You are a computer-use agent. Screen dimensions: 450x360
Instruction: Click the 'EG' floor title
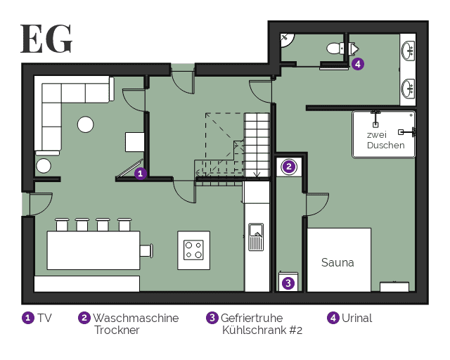[x=46, y=39]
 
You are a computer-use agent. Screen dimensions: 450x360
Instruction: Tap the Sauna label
[x=337, y=262]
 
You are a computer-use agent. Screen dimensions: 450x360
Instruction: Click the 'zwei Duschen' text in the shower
[x=385, y=140]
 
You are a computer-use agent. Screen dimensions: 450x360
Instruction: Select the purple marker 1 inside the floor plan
[x=141, y=174]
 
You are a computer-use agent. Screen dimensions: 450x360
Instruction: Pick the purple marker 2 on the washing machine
[x=289, y=167]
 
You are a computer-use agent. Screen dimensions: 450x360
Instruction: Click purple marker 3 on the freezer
[x=288, y=283]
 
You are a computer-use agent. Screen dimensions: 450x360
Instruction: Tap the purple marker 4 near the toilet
[x=358, y=64]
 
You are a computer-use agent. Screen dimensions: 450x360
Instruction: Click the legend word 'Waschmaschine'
[x=136, y=318]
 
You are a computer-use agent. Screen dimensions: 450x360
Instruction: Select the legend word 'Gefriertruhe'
[x=252, y=318]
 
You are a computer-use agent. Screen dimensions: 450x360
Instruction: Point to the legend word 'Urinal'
[x=356, y=318]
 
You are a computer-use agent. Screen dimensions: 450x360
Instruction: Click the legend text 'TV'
[x=44, y=318]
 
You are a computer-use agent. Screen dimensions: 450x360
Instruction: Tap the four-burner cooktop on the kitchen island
[x=193, y=250]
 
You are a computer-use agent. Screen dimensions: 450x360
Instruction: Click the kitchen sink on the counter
[x=256, y=237]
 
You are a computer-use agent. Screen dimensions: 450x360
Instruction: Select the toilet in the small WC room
[x=335, y=49]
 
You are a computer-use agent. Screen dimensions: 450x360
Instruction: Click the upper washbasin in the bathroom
[x=408, y=51]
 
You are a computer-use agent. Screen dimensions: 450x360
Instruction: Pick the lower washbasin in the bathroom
[x=408, y=89]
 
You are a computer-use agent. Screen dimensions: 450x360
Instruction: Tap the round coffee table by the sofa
[x=86, y=124]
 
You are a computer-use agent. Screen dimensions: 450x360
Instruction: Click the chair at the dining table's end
[x=146, y=250]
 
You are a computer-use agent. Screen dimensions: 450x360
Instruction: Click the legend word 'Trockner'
[x=117, y=330]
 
